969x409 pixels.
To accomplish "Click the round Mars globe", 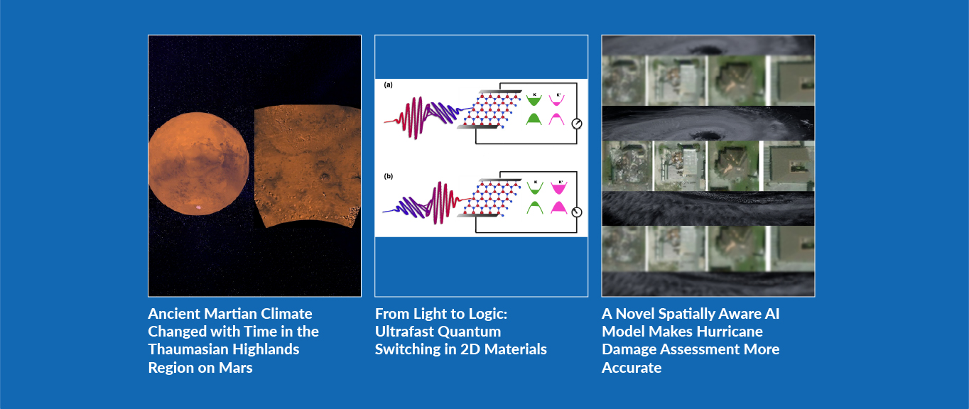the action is tap(198, 163).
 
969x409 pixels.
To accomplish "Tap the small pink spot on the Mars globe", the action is tap(198, 207).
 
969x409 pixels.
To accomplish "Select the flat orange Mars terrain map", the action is tap(308, 166).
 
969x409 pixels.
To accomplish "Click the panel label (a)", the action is tap(389, 84).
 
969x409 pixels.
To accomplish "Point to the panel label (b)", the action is tap(389, 176).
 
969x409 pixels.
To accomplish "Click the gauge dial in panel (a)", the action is tap(577, 124).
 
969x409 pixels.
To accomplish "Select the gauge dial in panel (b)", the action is tap(577, 212).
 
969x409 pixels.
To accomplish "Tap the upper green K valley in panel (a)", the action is tap(534, 101).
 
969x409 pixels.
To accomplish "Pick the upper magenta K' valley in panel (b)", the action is tap(559, 188).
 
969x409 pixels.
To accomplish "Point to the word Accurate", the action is tap(632, 368).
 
